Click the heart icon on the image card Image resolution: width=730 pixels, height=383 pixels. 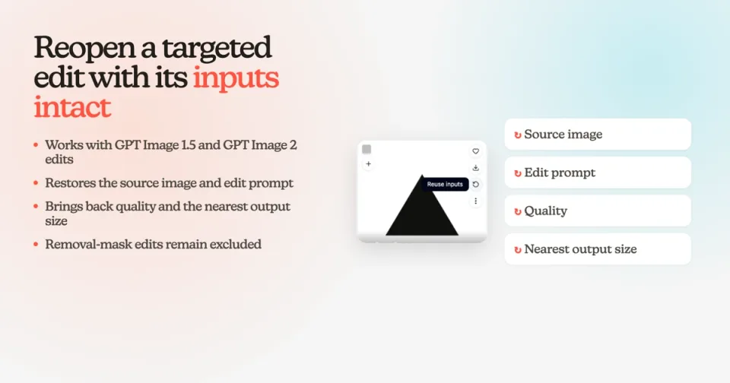[x=475, y=151]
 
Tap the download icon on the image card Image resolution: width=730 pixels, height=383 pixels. [x=475, y=168]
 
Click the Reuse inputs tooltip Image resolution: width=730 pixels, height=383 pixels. [x=445, y=185]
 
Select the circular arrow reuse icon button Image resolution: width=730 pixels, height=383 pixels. [x=475, y=185]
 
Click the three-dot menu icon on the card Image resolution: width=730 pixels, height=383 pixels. [x=475, y=201]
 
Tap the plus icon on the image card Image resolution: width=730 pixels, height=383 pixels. [x=368, y=164]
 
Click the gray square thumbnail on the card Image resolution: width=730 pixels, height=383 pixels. [x=367, y=150]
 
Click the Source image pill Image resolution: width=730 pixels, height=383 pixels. [x=598, y=135]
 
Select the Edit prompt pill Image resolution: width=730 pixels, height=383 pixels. [x=598, y=173]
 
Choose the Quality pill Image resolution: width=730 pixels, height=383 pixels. [x=598, y=210]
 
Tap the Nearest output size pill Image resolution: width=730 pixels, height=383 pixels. [x=598, y=249]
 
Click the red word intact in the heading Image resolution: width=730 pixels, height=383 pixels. [x=72, y=107]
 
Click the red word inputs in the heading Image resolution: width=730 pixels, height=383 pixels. [x=236, y=78]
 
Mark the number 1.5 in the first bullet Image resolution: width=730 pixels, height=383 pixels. [x=188, y=145]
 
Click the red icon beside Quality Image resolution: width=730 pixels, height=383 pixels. [x=517, y=212]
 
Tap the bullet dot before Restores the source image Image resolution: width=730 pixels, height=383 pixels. [x=36, y=183]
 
